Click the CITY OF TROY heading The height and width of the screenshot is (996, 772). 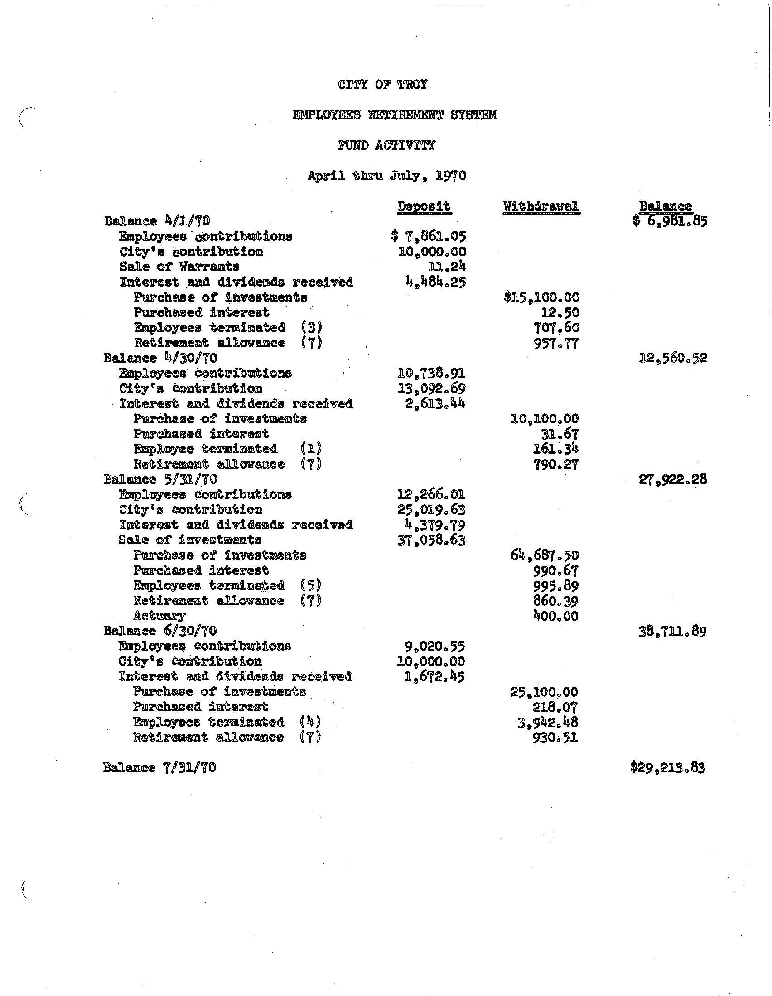click(x=383, y=85)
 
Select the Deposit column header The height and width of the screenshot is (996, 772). click(x=424, y=206)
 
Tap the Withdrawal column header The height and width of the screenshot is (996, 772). click(x=540, y=206)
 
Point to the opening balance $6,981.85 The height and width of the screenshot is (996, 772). click(x=670, y=221)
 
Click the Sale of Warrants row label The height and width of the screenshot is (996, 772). click(x=179, y=266)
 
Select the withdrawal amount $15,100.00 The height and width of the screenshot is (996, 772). click(x=541, y=297)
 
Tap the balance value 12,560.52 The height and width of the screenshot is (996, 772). click(x=673, y=358)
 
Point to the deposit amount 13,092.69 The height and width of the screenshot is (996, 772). click(x=432, y=388)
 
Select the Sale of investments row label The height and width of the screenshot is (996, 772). click(x=190, y=540)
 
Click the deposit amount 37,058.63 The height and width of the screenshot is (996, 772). click(x=432, y=541)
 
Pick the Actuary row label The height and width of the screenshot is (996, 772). click(x=159, y=616)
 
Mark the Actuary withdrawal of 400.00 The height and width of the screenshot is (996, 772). click(x=555, y=616)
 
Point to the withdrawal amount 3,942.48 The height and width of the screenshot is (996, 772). click(x=548, y=723)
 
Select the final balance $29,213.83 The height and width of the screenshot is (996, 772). click(x=667, y=768)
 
